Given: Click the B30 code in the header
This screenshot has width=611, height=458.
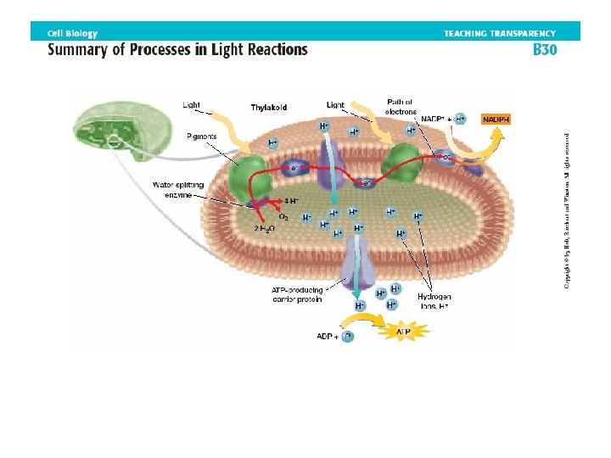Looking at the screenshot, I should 544,49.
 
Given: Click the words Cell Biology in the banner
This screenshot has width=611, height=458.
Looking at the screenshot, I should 72,33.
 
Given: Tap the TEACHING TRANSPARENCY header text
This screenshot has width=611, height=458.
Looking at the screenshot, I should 500,33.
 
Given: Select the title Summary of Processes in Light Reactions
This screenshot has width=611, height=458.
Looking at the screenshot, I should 177,49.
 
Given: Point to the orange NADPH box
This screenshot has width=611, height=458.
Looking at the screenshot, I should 496,120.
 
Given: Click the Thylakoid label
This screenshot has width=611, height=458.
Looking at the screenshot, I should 268,108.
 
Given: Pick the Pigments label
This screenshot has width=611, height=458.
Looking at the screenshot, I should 202,136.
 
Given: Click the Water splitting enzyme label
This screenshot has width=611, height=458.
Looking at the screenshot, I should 173,189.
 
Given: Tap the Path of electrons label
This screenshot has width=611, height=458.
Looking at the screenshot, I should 400,106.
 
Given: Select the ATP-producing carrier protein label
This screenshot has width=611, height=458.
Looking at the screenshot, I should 298,293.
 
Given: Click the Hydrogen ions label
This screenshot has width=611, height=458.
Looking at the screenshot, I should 434,301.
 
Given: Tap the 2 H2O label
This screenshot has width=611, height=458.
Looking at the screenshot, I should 265,228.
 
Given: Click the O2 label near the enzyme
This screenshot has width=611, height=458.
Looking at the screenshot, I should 283,216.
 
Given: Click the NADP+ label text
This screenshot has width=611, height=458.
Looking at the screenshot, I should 431,120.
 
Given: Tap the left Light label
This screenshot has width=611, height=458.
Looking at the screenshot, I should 192,105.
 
